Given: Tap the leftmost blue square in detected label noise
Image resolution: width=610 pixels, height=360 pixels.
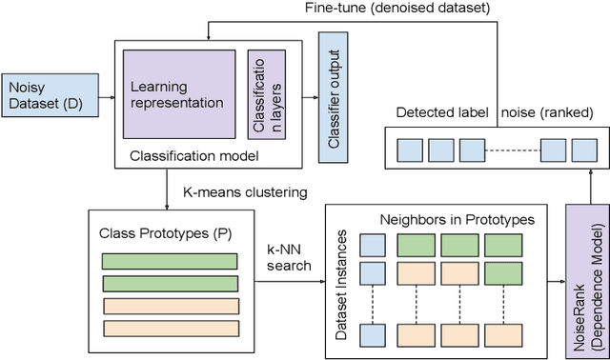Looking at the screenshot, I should [x=410, y=149].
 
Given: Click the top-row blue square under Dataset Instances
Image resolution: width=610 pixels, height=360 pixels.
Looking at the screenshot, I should [x=374, y=246].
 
